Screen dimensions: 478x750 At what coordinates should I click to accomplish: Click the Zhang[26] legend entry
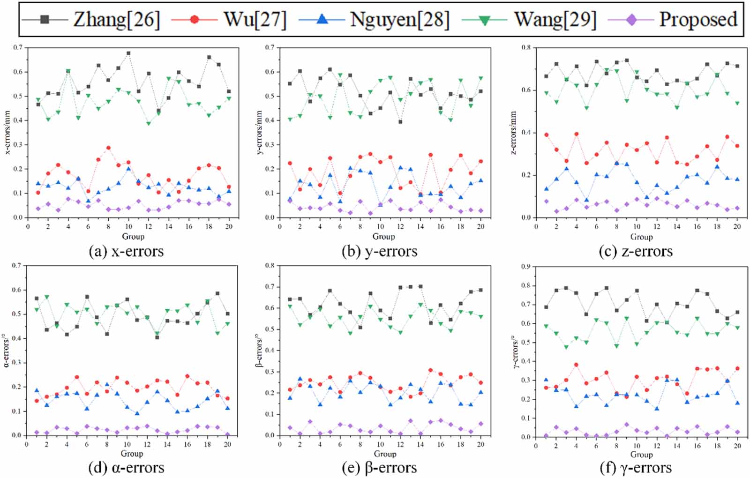pos(117,20)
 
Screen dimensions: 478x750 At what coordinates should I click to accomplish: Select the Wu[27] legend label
pos(255,20)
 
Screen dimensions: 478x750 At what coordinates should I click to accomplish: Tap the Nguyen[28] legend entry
pos(400,20)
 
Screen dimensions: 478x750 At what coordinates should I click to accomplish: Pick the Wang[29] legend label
pos(555,20)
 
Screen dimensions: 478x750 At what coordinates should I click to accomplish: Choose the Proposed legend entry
pos(698,20)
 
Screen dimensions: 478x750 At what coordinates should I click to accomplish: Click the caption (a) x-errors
pos(126,252)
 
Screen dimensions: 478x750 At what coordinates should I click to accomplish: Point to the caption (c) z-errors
pos(636,252)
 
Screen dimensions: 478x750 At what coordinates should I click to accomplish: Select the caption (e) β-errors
pos(379,468)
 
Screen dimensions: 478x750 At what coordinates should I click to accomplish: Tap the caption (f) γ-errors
pos(636,468)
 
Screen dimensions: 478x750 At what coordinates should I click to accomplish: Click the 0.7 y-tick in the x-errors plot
pos(18,47)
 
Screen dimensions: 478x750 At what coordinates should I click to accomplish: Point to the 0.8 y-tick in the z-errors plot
pos(526,47)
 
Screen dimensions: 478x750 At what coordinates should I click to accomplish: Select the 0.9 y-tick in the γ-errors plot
pos(526,267)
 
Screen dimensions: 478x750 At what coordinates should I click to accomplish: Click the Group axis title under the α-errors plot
pos(132,454)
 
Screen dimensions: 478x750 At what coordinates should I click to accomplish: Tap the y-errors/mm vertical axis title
pos(261,133)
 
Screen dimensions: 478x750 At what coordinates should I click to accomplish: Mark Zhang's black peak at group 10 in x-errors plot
pos(128,53)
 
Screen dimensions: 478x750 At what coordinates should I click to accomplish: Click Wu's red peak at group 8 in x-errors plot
pos(108,148)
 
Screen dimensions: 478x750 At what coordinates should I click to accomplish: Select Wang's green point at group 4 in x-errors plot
pos(68,71)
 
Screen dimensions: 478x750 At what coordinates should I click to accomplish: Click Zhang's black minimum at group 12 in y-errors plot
pos(400,122)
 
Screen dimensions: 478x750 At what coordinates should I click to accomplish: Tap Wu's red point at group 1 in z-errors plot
pos(546,134)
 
